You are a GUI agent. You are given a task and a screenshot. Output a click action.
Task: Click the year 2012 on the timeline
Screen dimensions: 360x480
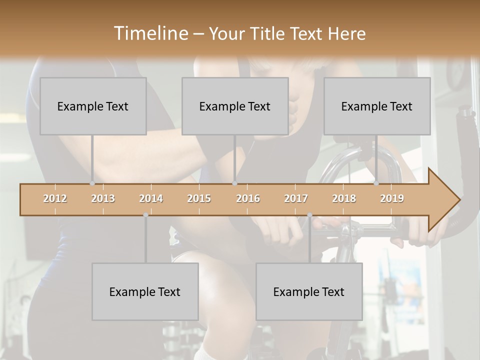pos(55,198)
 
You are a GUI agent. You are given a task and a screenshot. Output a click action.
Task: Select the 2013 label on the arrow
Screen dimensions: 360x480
pos(103,198)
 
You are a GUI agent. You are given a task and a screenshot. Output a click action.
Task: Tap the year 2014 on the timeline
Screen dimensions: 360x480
pos(151,198)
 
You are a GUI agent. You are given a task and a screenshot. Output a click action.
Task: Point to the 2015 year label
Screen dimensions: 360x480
pos(199,198)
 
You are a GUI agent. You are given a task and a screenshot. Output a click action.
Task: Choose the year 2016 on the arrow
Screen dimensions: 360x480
pos(248,198)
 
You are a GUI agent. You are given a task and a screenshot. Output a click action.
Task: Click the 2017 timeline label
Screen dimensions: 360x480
pos(296,198)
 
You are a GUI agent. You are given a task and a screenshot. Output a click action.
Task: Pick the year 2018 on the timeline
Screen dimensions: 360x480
pos(344,198)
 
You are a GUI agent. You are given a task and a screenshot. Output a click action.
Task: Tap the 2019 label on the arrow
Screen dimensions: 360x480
pos(392,198)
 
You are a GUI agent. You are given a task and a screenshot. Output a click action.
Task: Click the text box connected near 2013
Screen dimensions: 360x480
pos(93,106)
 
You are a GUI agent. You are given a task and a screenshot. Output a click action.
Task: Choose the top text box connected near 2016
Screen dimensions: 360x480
pos(235,106)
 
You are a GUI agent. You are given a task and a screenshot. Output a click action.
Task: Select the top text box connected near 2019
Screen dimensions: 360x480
pos(377,106)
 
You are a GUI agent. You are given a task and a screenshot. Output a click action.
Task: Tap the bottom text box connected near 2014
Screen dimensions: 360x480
pos(145,291)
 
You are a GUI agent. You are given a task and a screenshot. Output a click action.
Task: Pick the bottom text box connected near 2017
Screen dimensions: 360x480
pos(309,291)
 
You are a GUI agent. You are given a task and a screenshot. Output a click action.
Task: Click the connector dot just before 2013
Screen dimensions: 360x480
pos(92,183)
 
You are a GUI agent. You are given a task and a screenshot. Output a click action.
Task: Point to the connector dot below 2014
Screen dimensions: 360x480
pos(145,215)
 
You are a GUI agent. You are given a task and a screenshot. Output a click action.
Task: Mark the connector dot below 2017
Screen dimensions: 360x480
pos(309,215)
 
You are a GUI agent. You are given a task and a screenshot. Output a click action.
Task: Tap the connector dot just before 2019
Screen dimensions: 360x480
pos(376,183)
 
